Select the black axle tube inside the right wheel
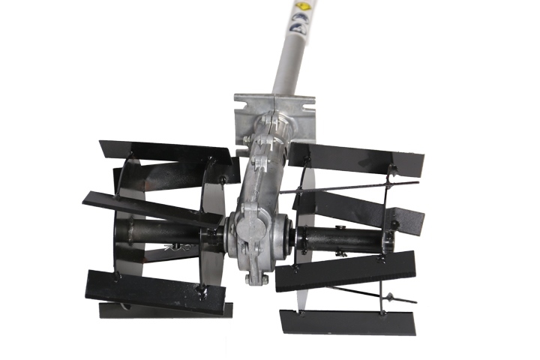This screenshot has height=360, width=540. [345, 239]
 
